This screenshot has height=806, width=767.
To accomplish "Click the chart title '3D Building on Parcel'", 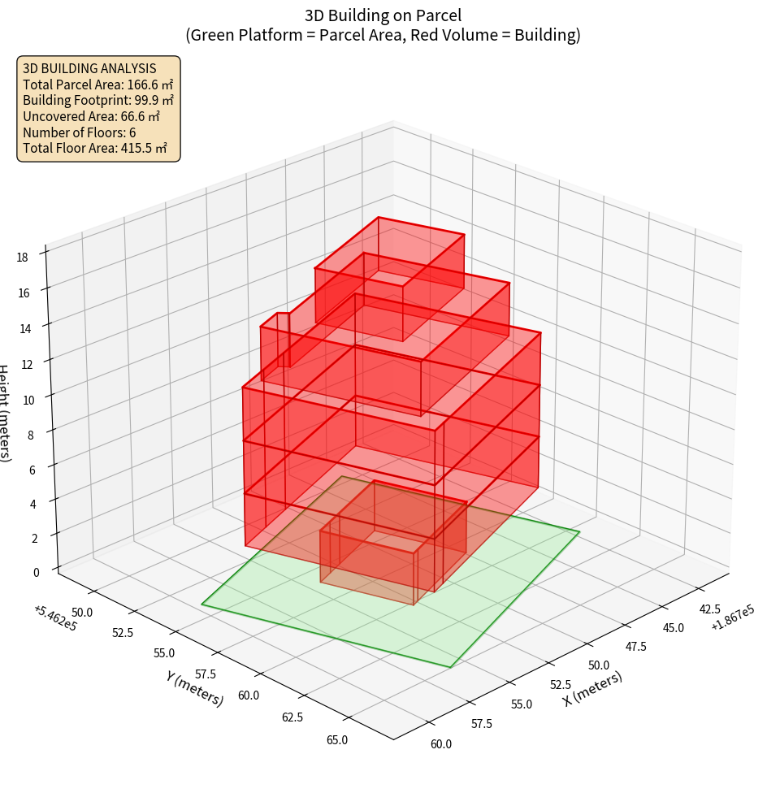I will click(x=383, y=15).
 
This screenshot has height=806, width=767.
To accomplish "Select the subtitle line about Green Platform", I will click(x=383, y=35).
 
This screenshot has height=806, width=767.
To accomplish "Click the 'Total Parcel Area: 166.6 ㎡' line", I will click(x=98, y=84).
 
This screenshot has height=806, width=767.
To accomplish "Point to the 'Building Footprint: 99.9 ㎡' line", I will click(x=98, y=100).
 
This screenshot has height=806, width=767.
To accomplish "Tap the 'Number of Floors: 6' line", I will click(x=80, y=132).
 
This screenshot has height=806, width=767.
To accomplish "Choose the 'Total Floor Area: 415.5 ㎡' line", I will click(x=95, y=148).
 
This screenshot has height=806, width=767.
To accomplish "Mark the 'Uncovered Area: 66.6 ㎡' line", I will click(x=91, y=116).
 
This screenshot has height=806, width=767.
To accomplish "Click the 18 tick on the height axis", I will click(x=22, y=258).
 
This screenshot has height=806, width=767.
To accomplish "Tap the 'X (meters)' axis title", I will click(x=593, y=688).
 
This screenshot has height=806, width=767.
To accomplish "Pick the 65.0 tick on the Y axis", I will click(x=337, y=739).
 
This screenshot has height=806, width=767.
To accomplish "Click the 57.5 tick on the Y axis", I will click(x=205, y=674).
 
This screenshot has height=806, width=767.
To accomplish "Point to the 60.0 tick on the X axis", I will click(x=441, y=743).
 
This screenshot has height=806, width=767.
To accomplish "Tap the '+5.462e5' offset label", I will click(x=56, y=617).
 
